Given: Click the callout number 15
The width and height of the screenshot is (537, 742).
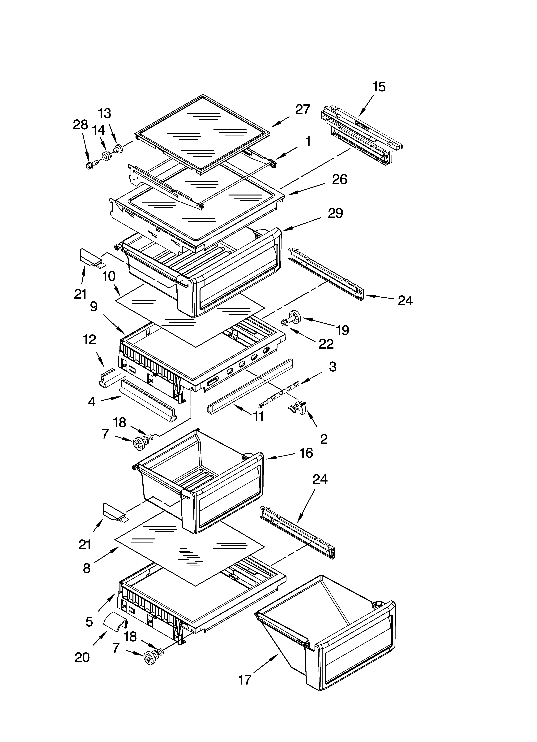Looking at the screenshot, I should (x=379, y=87).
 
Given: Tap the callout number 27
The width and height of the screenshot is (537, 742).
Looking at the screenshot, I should (x=303, y=109).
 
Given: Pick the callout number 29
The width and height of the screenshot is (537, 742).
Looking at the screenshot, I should (x=335, y=213).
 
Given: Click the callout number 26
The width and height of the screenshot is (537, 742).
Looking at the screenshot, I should (x=339, y=180).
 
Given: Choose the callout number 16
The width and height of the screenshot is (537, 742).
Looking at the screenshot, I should (x=306, y=453).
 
